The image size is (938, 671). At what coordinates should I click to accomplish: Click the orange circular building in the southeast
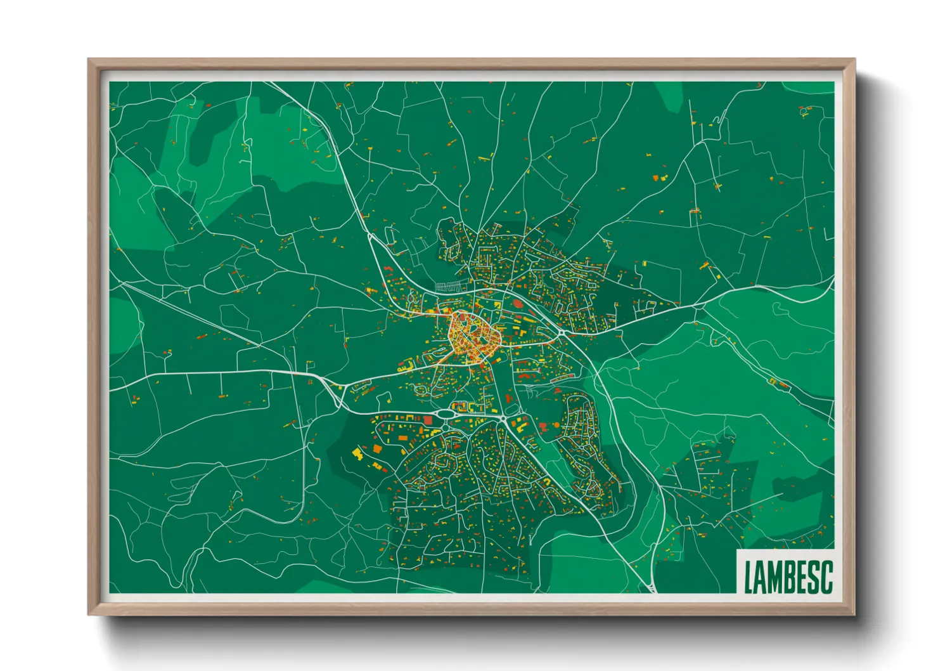(x=557, y=425)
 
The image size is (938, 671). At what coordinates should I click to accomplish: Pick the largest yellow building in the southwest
(x=357, y=452)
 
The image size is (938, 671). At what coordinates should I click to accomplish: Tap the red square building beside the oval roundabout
(x=428, y=420)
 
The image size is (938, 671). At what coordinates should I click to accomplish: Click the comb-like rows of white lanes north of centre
(x=451, y=286)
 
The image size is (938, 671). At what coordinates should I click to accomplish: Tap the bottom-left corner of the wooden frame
(x=89, y=614)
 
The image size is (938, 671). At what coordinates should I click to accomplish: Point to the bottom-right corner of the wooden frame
(x=854, y=614)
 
